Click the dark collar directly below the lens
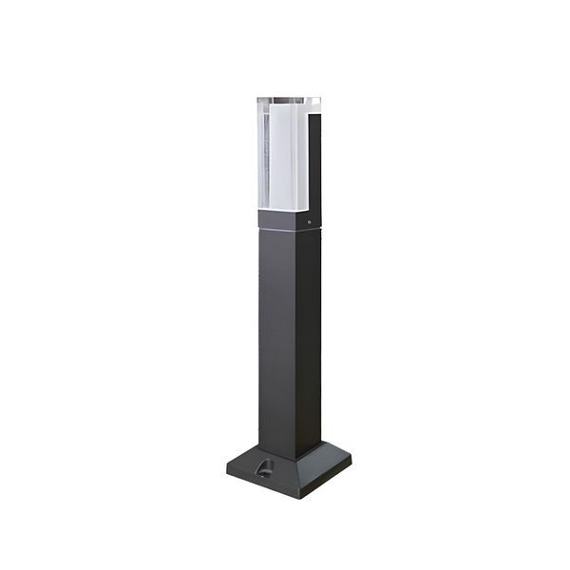287,219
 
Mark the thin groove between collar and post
287,231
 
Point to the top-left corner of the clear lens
257,98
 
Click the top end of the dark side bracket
314,101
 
